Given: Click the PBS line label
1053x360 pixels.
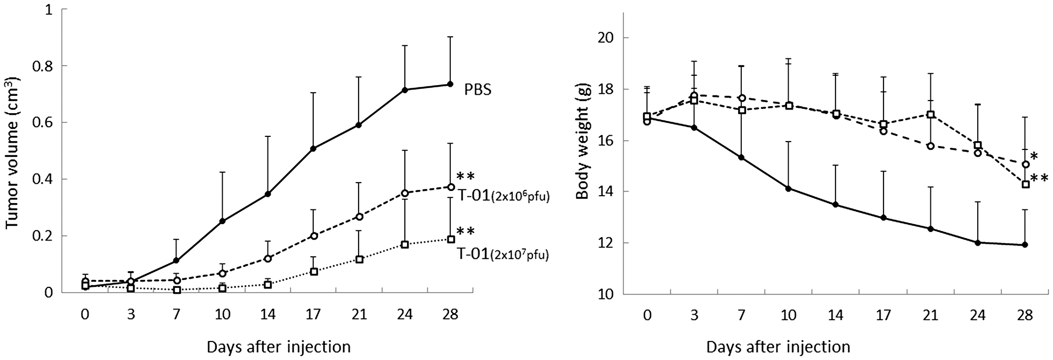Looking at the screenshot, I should [478, 90].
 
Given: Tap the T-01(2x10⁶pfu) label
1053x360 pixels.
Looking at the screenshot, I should [500, 198].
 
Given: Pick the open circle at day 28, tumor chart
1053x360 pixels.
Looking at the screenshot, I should [451, 187].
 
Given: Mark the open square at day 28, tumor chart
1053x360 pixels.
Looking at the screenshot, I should [451, 239].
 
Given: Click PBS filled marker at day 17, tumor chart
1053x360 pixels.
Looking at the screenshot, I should [313, 148].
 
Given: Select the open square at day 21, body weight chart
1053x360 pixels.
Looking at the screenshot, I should [931, 114].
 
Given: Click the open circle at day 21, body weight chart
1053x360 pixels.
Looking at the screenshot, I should [931, 146].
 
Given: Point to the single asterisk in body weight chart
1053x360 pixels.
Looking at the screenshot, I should [1034, 157].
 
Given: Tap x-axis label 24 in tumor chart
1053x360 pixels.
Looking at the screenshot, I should [405, 315].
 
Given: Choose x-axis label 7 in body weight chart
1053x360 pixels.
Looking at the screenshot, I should [741, 315].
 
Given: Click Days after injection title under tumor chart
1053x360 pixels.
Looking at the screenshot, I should [279, 347].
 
